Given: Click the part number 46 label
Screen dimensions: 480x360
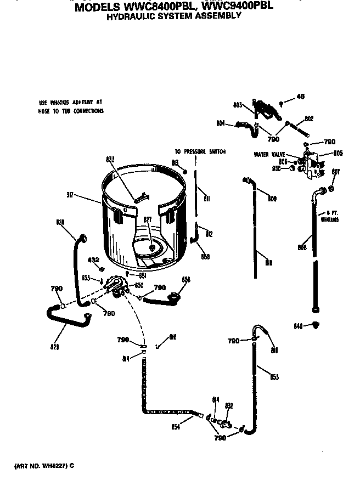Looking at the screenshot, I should pyautogui.click(x=300, y=97).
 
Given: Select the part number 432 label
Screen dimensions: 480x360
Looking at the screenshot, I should pyautogui.click(x=94, y=259).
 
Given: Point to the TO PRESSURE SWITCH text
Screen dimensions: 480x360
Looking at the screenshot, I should pyautogui.click(x=200, y=151).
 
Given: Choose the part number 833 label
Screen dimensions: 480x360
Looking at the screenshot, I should pyautogui.click(x=110, y=160).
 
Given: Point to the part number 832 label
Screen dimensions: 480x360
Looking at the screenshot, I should pyautogui.click(x=229, y=406).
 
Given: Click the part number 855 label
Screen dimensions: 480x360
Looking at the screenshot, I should pyautogui.click(x=274, y=377).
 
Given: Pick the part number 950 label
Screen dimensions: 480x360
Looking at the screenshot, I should pyautogui.click(x=277, y=168).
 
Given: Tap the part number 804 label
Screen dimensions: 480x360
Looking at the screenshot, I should pyautogui.click(x=220, y=122).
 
